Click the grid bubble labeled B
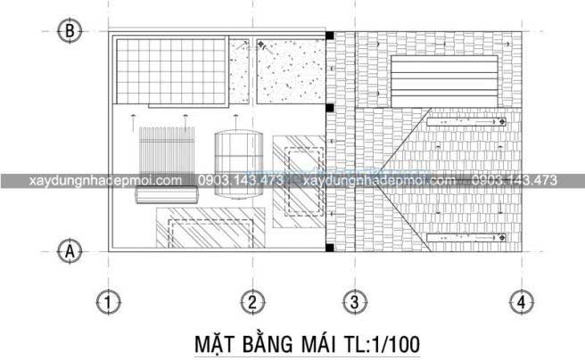(x=70, y=31)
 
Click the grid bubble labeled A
(x=70, y=251)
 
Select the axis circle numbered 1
(x=109, y=302)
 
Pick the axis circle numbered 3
(x=354, y=302)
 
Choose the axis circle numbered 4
(x=519, y=302)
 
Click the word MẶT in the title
(x=214, y=343)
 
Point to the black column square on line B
(x=329, y=36)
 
